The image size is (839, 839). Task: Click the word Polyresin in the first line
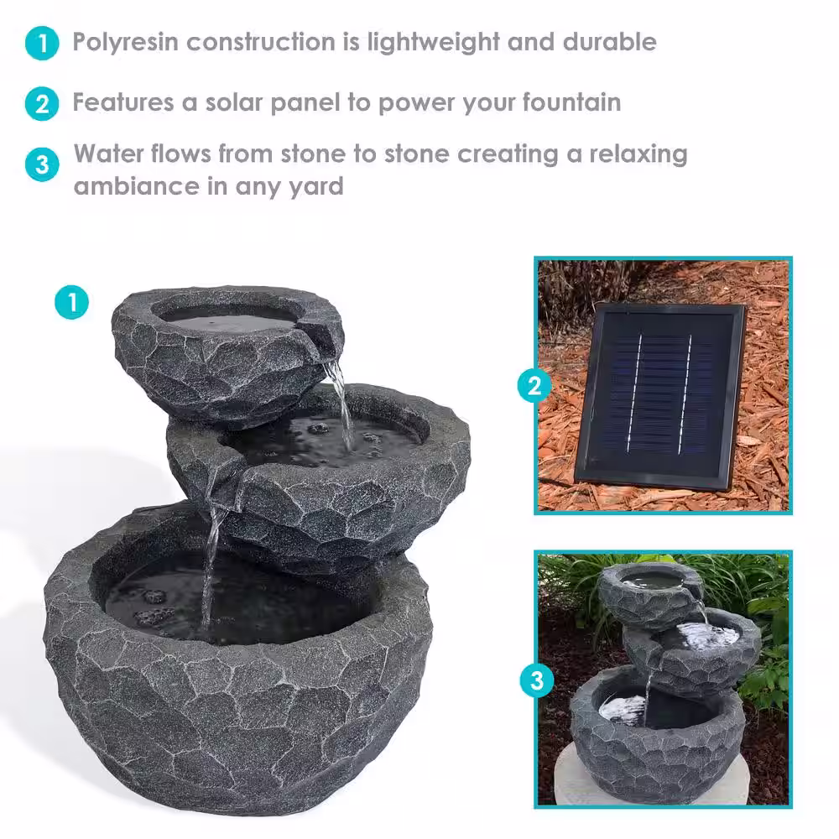(125, 43)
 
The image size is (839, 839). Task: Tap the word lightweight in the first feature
(434, 43)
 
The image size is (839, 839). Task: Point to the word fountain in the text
(571, 102)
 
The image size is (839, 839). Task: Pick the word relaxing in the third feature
(638, 155)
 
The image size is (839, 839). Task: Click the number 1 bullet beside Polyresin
(42, 44)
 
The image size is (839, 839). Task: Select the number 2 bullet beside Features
(42, 104)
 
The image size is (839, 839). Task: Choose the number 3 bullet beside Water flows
(42, 164)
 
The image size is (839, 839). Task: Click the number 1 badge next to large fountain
(71, 302)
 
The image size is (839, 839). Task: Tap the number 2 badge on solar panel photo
(534, 386)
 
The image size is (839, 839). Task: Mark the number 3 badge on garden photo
(537, 681)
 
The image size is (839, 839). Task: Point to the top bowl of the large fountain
(227, 356)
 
